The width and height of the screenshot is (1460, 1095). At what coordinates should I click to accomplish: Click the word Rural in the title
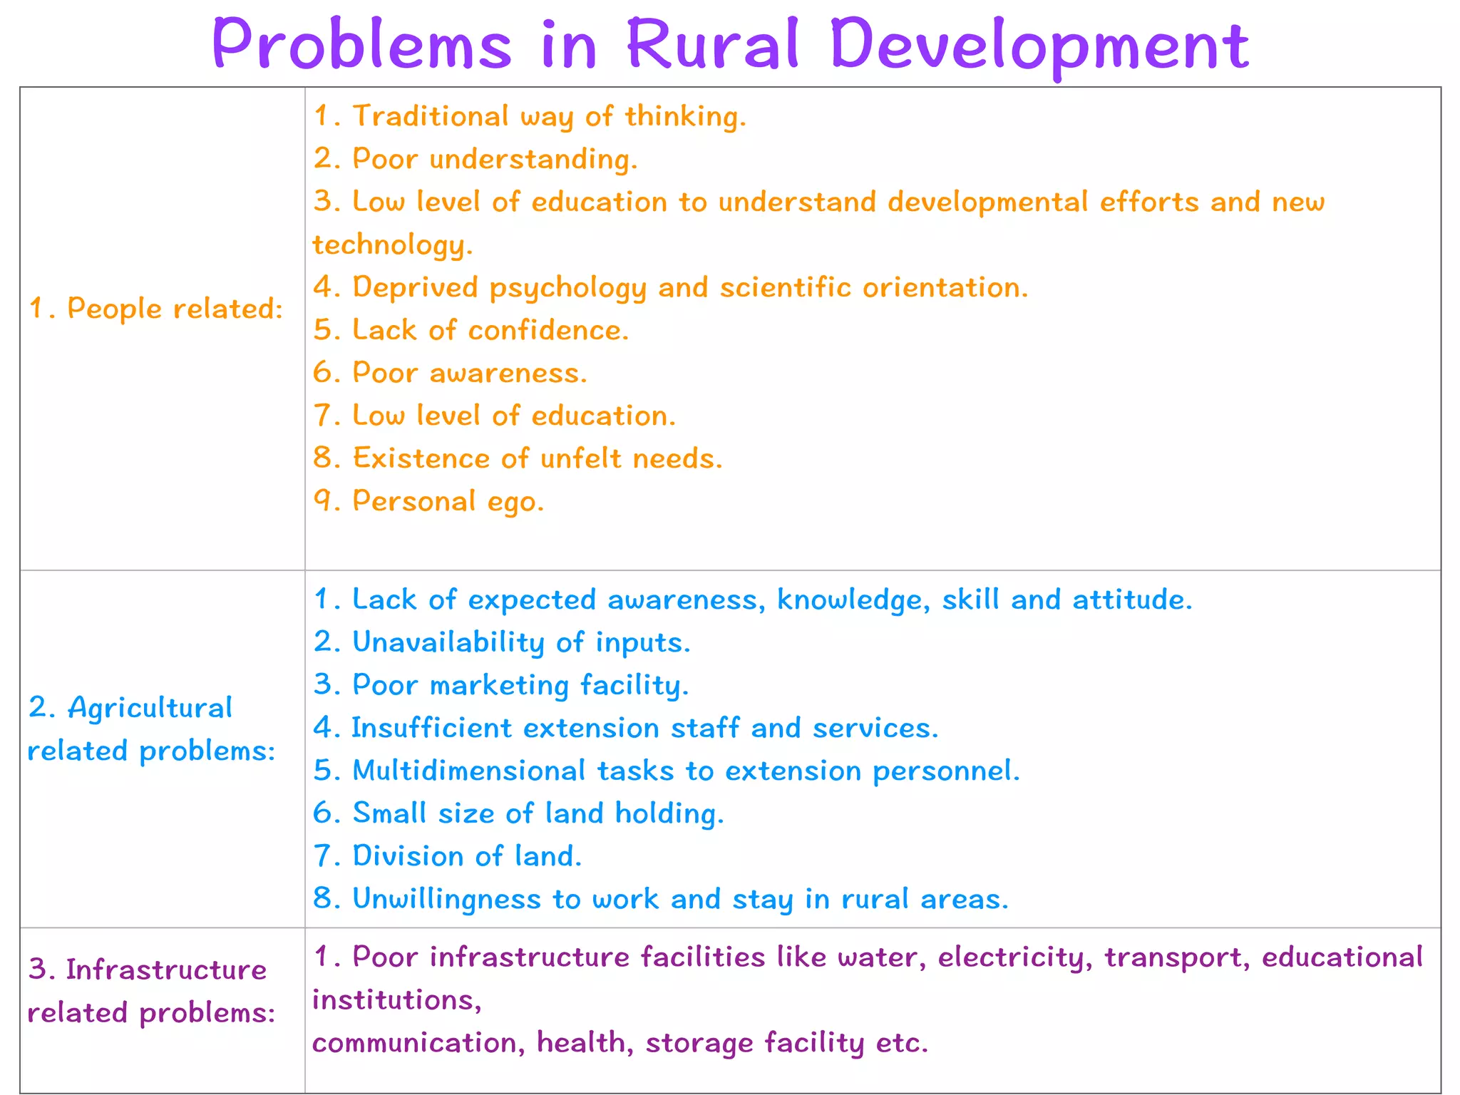coord(713,44)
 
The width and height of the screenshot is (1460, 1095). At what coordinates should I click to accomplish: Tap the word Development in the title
coord(1040,44)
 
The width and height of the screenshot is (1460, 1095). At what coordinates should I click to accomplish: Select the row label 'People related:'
coord(156,309)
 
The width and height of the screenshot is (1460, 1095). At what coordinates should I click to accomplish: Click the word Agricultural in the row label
coord(150,708)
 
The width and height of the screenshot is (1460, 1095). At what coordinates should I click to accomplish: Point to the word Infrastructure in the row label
coord(166,970)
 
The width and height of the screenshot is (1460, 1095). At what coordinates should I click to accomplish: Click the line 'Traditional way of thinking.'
coord(530,116)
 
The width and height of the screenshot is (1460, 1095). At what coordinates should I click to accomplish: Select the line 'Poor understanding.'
coord(475,159)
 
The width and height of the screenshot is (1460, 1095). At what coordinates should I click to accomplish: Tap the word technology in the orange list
coord(392,245)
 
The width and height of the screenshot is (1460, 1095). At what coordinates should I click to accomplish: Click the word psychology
coord(568,287)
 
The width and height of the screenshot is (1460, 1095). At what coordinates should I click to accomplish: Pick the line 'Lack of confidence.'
coord(471,330)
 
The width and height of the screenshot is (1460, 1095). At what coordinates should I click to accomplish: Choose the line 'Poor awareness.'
coord(451,373)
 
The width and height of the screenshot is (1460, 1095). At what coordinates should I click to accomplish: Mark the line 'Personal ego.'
coord(428,501)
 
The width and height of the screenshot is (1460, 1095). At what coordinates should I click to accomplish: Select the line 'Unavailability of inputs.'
coord(502,642)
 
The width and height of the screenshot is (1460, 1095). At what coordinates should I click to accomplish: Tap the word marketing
coord(499,685)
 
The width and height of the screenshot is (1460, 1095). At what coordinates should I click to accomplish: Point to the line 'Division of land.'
coord(448,856)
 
